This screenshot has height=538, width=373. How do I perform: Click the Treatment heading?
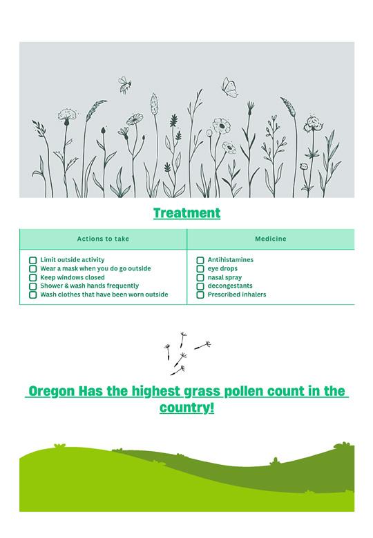coord(186,213)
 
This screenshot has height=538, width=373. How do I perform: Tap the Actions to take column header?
coord(103,239)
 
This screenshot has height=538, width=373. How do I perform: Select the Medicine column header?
coord(271,239)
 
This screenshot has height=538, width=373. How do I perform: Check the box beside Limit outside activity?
coord(32,260)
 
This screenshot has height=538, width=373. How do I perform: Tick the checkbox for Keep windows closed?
coord(32,277)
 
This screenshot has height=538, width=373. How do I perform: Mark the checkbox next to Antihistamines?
coord(200,260)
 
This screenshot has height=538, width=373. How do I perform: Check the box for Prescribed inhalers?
coord(200,295)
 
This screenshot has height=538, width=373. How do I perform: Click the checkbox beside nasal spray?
coord(200,277)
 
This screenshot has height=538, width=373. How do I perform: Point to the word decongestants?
coord(230,286)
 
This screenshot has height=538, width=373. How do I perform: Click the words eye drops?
coord(222,269)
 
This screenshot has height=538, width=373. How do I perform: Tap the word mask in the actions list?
coord(70,269)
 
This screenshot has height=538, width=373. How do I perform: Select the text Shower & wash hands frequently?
coord(90,286)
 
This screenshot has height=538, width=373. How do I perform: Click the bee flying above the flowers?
coord(124,85)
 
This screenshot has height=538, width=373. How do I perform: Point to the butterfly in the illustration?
coord(230,88)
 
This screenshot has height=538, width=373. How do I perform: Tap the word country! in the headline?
coord(186,408)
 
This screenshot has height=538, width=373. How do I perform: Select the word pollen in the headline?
coord(244,392)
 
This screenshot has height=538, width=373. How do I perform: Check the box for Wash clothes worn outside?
coord(32,295)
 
